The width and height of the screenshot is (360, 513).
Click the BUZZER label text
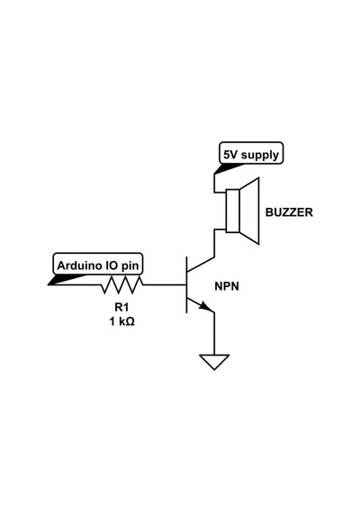point(289,212)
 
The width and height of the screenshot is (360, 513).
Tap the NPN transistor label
point(227,286)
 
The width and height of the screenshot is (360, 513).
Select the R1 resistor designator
point(121,307)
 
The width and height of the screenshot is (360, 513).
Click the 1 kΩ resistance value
point(121,321)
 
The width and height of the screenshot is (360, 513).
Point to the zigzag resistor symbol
point(122,285)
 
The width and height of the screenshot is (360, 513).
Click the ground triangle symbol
point(214,362)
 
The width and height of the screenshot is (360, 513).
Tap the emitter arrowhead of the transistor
point(207,307)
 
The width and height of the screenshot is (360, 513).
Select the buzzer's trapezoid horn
point(249,211)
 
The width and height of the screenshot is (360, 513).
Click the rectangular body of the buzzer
point(233,211)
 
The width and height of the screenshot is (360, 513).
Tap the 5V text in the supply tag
point(230,155)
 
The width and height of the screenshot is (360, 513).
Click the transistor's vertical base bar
point(187,285)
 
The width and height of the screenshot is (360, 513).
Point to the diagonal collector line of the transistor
point(201,265)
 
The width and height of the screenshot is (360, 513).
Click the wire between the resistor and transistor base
point(165,285)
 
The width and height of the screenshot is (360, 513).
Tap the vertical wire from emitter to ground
point(214,333)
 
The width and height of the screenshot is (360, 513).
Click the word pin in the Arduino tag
point(130,266)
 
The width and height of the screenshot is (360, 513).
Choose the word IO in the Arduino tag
point(112,265)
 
